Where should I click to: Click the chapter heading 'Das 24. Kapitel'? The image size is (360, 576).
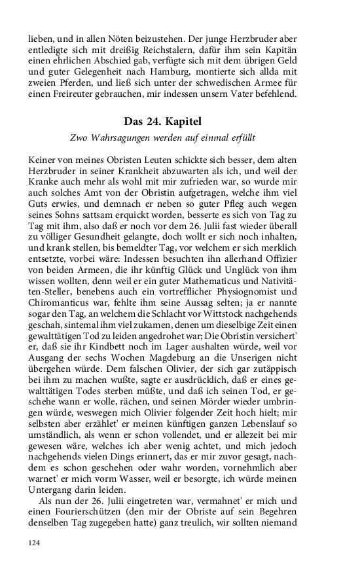(x=162, y=122)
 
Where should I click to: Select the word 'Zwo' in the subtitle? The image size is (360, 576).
(x=79, y=138)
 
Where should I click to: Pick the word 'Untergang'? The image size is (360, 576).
(x=52, y=472)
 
